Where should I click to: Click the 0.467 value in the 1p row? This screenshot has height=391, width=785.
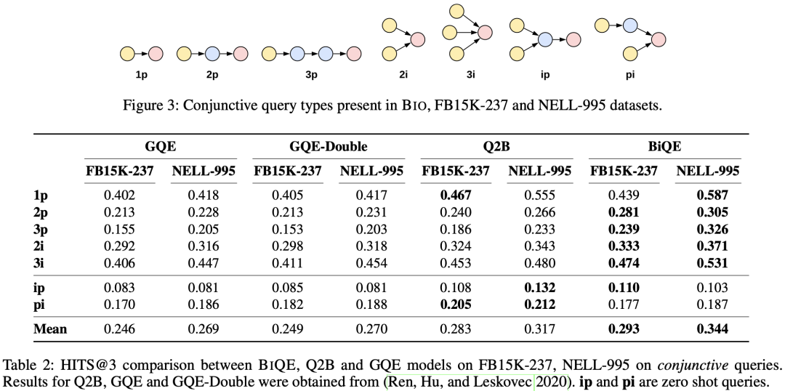coord(456,195)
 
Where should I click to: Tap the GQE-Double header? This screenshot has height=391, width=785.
coord(329,146)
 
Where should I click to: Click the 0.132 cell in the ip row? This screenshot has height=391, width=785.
coord(540,289)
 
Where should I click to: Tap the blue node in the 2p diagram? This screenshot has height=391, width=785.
coord(212,53)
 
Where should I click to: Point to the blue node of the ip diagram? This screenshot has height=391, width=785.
coord(544,39)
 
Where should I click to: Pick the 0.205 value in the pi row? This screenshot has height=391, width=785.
coord(456,305)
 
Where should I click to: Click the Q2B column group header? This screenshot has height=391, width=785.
coord(497,146)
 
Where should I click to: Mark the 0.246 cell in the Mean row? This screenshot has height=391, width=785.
coord(119,329)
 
